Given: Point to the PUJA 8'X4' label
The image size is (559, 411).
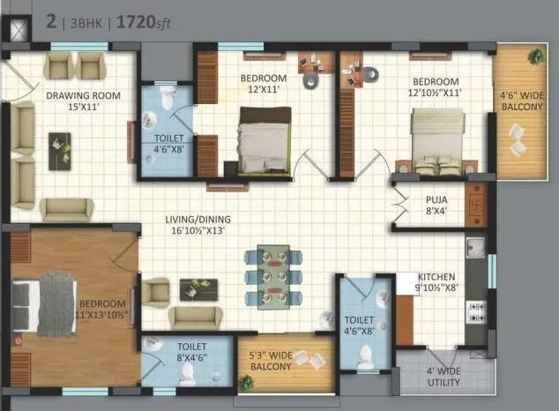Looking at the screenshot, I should (x=435, y=205).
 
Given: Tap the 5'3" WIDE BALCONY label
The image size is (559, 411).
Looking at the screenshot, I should (x=284, y=359).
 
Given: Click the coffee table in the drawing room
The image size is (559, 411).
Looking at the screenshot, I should (x=60, y=148).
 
